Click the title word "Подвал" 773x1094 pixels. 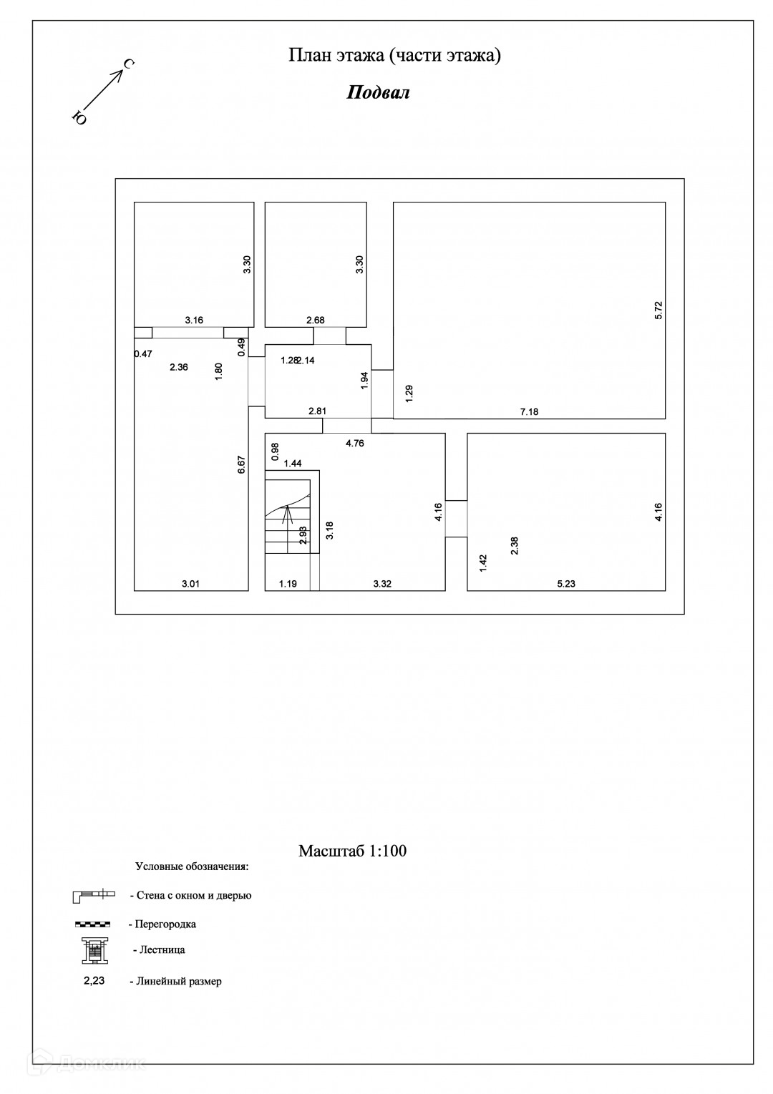point(378,92)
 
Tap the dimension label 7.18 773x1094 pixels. point(529,411)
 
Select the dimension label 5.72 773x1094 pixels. point(658,311)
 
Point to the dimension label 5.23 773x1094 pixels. point(565,584)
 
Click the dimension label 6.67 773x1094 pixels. point(242,465)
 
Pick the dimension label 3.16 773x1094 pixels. point(194,321)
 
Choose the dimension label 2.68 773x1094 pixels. point(316,321)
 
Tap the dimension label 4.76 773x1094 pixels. point(355,444)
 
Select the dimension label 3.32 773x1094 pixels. point(382,584)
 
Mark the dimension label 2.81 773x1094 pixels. point(318,411)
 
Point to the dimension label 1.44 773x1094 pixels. point(293,464)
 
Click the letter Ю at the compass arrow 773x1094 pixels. point(79,117)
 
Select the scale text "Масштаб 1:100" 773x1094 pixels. point(352,851)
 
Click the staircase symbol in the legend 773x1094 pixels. point(94,951)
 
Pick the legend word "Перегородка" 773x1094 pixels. point(165,924)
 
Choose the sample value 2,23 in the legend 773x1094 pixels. point(94,981)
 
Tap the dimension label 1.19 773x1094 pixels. point(288,584)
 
